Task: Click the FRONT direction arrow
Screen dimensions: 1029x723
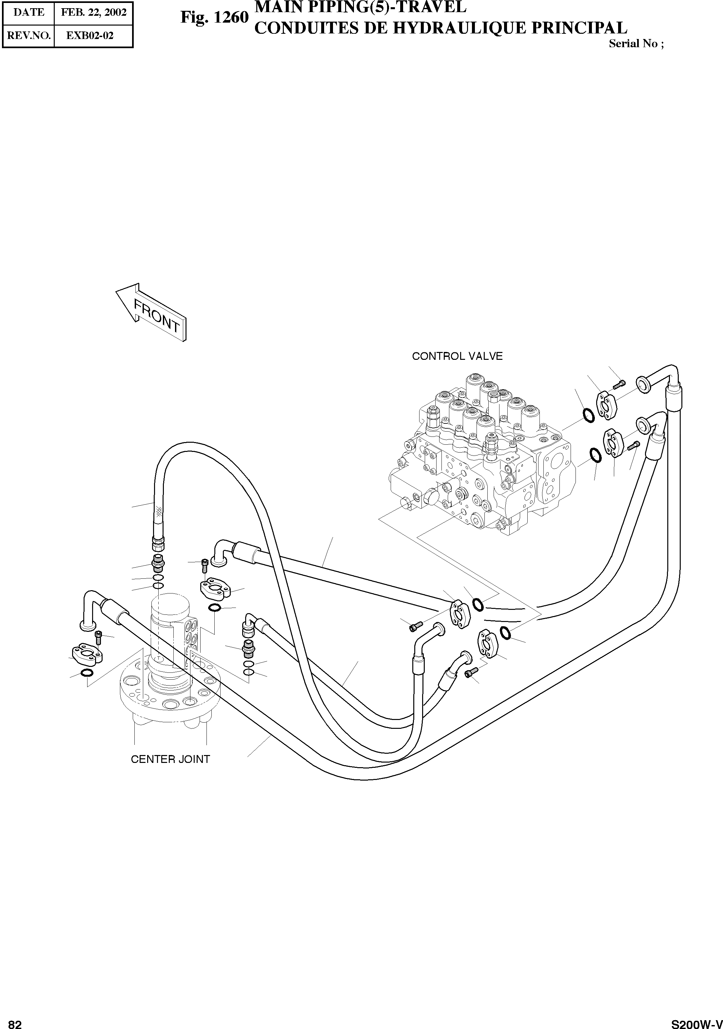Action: pos(151,312)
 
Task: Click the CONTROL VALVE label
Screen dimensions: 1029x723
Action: pos(457,356)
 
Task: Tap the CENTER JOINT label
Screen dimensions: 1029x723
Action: pos(170,759)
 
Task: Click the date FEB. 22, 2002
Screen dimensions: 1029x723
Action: pos(94,12)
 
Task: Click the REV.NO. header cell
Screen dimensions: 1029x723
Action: pos(29,36)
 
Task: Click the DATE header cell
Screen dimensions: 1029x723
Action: pos(29,12)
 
